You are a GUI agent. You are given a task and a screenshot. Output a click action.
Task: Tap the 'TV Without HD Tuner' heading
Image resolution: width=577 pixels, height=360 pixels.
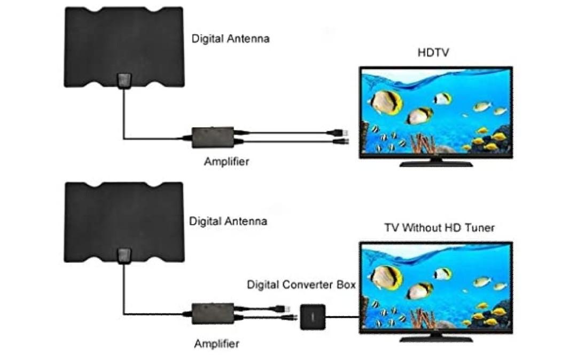[x=439, y=228]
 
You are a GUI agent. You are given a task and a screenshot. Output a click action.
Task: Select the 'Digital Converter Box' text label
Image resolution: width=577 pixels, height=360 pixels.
[x=301, y=285]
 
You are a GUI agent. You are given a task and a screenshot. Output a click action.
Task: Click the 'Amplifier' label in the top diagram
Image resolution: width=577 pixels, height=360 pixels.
[x=226, y=161]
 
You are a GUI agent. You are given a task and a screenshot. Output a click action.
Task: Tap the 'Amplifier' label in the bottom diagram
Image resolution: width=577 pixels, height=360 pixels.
[x=216, y=343]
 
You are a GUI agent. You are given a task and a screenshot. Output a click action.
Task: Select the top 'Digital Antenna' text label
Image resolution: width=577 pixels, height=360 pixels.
[x=230, y=38]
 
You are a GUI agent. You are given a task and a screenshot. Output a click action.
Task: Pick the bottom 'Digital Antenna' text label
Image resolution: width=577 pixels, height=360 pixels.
[x=228, y=221]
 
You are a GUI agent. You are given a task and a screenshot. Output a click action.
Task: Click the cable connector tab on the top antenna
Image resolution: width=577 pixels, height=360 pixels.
[x=123, y=81]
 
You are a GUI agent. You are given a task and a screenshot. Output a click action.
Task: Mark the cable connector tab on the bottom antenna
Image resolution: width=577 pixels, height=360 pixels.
[x=123, y=256]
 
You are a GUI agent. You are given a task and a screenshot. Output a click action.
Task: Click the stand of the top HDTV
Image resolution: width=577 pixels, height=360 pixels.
[x=436, y=162]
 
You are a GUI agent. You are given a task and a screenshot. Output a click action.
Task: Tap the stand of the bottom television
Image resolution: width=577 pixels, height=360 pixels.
[x=436, y=338]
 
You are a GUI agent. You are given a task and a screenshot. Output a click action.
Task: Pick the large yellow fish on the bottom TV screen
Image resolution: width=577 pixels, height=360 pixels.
[x=386, y=277]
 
